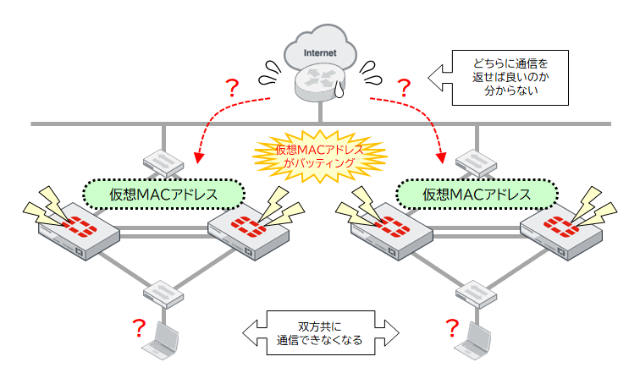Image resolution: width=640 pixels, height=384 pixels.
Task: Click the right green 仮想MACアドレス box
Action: point(477,195)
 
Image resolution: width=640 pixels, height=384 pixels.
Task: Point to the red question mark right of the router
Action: point(404,86)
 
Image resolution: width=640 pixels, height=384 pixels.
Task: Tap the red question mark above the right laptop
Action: point(452,326)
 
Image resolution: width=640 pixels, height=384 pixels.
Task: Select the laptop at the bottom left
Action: point(162,342)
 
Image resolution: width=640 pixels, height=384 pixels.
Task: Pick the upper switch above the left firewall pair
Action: point(162,162)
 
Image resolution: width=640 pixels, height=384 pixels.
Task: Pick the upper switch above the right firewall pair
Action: point(475,162)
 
